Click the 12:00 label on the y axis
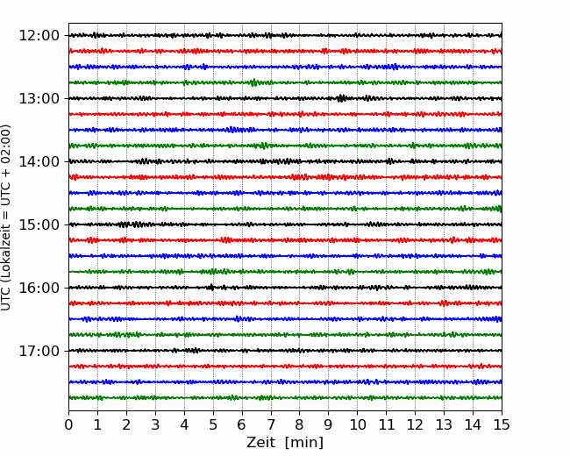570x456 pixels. coord(39,36)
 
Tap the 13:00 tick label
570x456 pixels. coord(39,98)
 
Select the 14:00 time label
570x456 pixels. coord(39,161)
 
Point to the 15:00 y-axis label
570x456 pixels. coord(39,224)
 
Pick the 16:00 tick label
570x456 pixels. coord(39,288)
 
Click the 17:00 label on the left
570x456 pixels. coord(39,351)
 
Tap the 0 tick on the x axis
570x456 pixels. coord(68,424)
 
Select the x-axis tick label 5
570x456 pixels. coord(213,424)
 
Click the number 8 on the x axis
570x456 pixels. coord(300,424)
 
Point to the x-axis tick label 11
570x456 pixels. coord(386,424)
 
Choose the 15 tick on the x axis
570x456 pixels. coord(502,424)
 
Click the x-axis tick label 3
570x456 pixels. coord(155,424)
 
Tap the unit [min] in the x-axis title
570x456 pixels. coord(304,443)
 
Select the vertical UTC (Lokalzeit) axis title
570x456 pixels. coord(5,217)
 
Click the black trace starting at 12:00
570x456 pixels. coord(285,35)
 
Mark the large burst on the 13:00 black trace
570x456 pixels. coord(341,98)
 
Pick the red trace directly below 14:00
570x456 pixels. coord(285,177)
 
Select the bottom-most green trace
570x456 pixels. coord(285,398)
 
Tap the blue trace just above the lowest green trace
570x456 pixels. coord(285,381)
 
